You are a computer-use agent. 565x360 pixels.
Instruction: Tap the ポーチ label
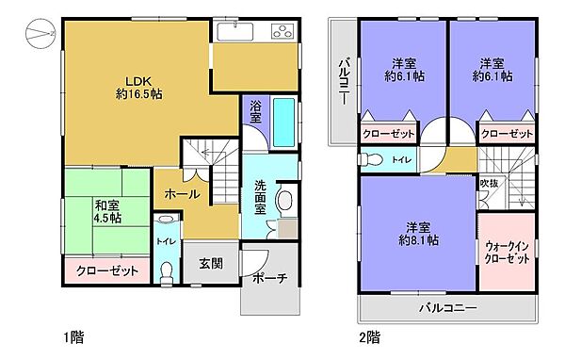point(269,279)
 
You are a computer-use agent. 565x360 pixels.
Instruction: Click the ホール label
point(181,194)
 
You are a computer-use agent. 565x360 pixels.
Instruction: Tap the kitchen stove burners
point(283,33)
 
